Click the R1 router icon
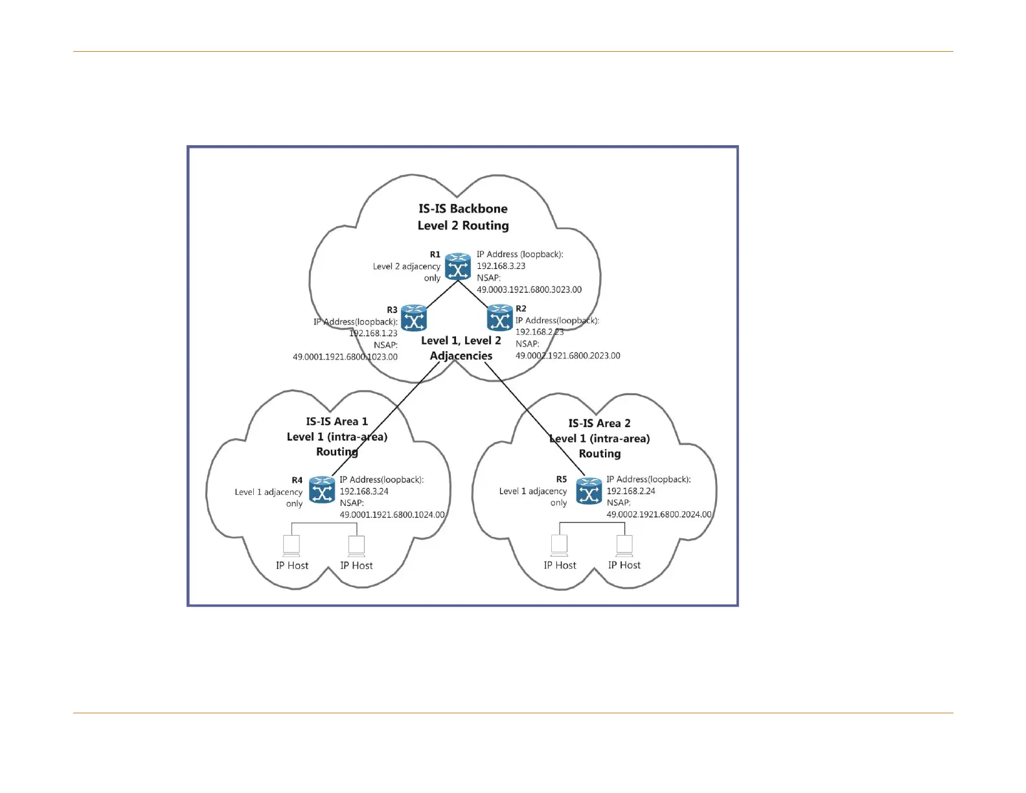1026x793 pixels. click(x=458, y=267)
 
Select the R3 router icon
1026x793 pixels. click(x=414, y=318)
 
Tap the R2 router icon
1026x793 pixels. click(x=499, y=318)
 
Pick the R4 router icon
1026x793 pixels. click(x=322, y=490)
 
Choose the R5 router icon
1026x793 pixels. click(x=589, y=490)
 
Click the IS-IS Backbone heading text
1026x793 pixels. click(x=463, y=209)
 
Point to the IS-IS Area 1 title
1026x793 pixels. click(x=337, y=422)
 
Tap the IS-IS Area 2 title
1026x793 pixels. click(x=599, y=424)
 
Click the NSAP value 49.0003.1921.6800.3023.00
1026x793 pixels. click(x=529, y=290)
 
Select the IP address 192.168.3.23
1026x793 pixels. click(x=501, y=266)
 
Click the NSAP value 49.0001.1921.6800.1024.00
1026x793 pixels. click(x=392, y=515)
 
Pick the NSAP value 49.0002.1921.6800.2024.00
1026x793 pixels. click(x=659, y=514)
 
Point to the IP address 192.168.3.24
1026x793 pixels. click(x=364, y=491)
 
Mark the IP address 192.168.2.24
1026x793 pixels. click(x=631, y=491)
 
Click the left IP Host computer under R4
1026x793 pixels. click(x=291, y=546)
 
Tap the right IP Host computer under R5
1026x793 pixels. click(x=624, y=546)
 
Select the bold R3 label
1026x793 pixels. click(x=392, y=310)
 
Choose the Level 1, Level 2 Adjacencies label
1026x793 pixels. click(x=461, y=348)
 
